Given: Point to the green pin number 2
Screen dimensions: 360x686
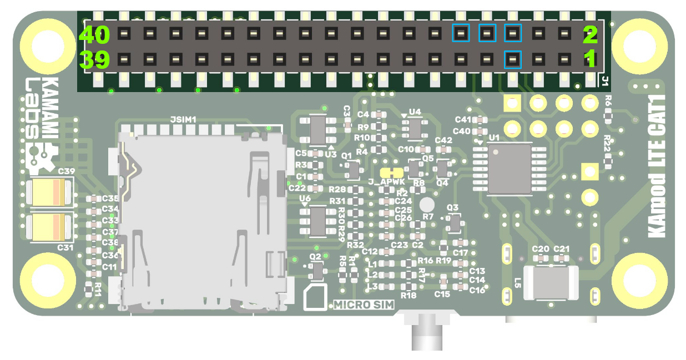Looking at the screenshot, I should point(590,35).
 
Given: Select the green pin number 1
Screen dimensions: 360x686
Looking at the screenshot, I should point(590,58).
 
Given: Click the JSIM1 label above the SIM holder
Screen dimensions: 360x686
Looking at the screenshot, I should point(183,119).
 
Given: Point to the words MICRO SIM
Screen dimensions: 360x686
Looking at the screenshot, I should point(364,305).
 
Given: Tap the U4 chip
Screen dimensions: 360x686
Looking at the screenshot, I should point(415,128).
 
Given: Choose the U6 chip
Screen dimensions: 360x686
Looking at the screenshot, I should point(318,220).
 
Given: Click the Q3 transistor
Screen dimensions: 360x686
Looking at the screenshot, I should point(454,223).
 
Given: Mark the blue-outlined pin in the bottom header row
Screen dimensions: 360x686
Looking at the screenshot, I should point(512,59).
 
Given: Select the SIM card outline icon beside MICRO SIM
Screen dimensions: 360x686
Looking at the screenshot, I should point(317,298).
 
